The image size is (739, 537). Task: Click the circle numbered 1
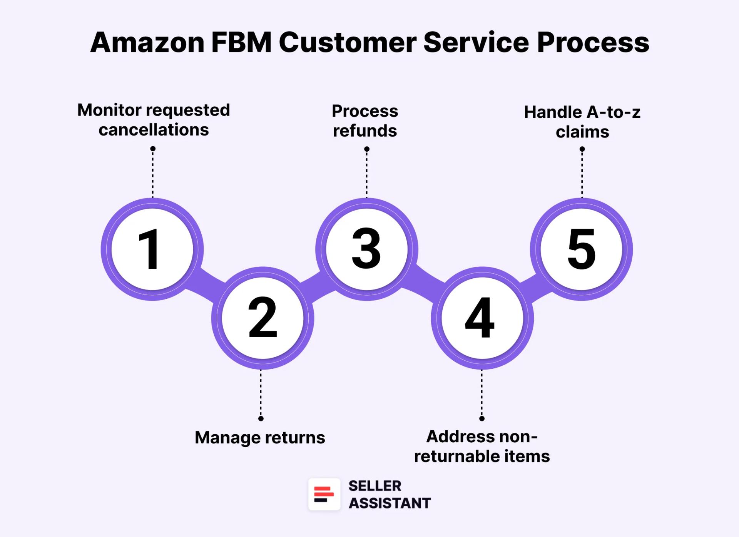coord(152,249)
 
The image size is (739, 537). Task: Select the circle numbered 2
coord(262,318)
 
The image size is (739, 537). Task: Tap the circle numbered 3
coord(366,249)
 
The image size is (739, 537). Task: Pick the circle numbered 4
coord(482,318)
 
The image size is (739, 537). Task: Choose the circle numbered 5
coord(581,249)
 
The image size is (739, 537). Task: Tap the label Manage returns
coord(260,438)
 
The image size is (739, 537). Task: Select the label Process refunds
coord(365,120)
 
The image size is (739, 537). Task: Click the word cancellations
coord(154,130)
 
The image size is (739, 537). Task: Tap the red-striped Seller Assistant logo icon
coord(324,494)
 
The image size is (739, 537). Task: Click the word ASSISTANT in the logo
coord(390,503)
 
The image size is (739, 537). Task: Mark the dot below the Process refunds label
coord(367,149)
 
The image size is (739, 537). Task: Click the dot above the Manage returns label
coord(261,418)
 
